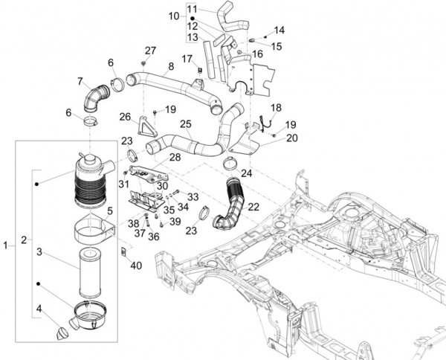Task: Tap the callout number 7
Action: [80, 80]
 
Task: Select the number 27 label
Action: [151, 50]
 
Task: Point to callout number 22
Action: [253, 206]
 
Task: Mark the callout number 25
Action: [185, 123]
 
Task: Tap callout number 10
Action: [174, 16]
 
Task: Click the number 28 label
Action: [175, 157]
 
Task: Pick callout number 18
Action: [276, 108]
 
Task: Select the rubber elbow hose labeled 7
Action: [94, 97]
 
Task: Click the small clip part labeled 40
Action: [124, 250]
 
